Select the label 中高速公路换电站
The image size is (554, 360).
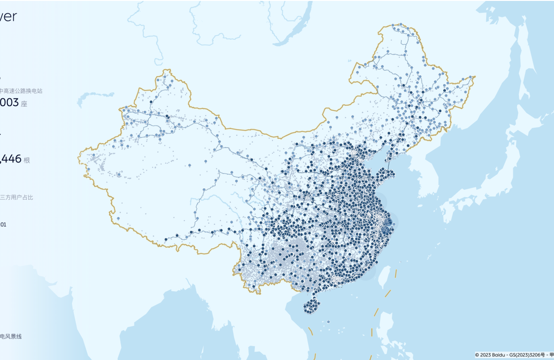click(x=21, y=91)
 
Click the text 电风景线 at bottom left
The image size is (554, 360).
click(x=11, y=336)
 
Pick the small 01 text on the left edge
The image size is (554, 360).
click(x=3, y=225)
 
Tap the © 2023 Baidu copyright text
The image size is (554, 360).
click(x=490, y=354)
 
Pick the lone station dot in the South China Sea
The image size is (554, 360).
click(x=328, y=322)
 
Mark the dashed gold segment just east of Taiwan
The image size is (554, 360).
click(x=397, y=273)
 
